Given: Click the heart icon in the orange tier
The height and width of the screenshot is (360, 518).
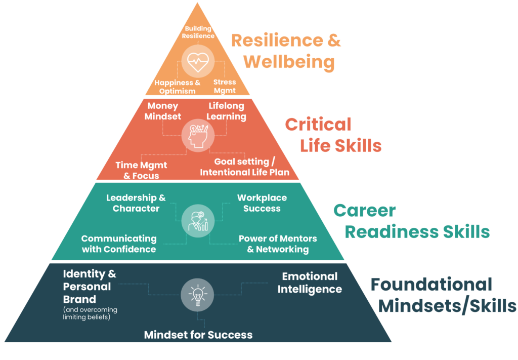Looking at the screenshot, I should point(197,62).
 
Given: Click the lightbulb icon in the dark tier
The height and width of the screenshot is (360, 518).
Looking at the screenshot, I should point(197,294).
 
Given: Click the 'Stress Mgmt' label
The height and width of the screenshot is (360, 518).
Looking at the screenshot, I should point(225,86).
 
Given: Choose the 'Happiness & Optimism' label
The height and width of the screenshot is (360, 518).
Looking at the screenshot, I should point(178,87).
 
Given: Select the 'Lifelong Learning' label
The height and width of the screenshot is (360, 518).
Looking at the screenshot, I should point(227,111).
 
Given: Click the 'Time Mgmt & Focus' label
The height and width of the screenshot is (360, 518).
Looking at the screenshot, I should point(141,171).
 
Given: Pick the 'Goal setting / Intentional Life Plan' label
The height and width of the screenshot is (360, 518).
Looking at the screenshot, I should point(244,167).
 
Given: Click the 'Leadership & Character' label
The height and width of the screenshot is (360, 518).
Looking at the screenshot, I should point(136,203).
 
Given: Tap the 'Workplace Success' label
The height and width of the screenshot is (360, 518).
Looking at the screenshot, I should point(262,203).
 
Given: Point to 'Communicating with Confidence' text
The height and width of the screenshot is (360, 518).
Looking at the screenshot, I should point(119,244).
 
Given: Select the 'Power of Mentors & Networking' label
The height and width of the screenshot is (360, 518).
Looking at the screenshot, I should point(278,244).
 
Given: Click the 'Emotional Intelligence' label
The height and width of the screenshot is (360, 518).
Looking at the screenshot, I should point(310,283).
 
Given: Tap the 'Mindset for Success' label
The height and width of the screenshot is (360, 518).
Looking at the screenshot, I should point(198,335).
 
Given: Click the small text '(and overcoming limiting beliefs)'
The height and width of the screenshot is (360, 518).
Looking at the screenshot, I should point(90,313).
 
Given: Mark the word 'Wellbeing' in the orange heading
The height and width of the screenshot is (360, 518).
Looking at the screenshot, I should point(289,62).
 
